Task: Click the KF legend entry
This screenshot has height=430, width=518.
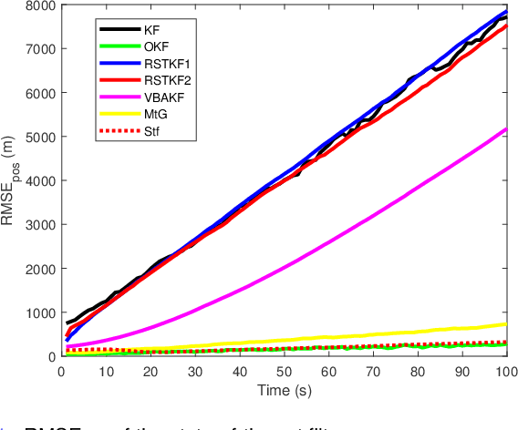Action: [x=151, y=30]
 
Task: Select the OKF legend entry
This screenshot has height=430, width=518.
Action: [x=155, y=47]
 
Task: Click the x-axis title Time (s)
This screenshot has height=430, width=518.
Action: [x=282, y=389]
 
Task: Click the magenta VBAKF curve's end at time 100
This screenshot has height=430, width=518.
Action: [x=506, y=129]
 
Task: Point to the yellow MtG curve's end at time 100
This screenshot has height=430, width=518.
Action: [x=506, y=324]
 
